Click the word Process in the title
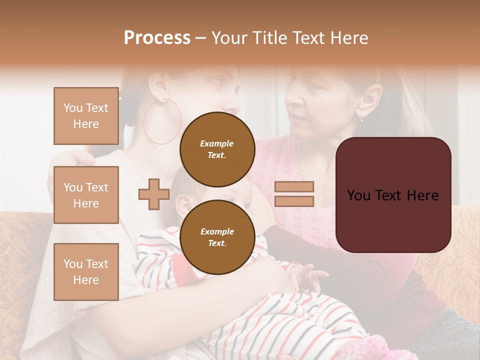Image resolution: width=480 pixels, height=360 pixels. (157, 38)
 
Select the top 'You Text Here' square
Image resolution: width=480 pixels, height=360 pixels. (86, 116)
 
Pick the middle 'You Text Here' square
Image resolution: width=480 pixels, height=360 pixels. (86, 195)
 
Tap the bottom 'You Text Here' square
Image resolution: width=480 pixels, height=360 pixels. (86, 271)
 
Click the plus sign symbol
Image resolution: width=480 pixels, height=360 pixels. (153, 194)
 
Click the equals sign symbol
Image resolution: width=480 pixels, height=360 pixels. (294, 194)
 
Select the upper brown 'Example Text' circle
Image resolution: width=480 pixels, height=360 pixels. (217, 149)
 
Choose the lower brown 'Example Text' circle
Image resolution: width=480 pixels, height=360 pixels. (217, 237)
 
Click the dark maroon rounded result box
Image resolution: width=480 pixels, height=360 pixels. (393, 195)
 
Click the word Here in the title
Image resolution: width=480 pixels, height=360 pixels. (349, 38)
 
